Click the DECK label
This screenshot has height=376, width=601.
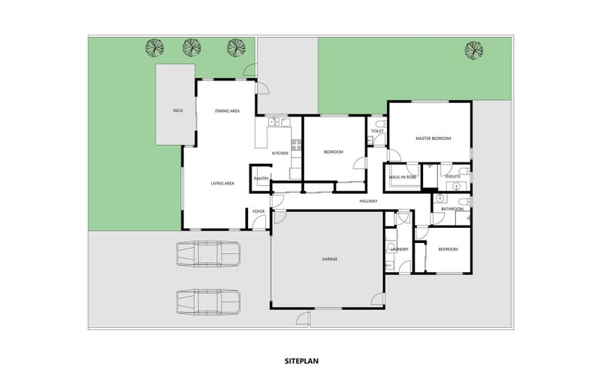pos(178,111)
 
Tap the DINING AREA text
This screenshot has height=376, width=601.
pos(227,111)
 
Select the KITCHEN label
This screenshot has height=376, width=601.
pos(280,153)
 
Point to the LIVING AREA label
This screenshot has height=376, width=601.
pos(222,183)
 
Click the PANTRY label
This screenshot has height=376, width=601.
pos(261,178)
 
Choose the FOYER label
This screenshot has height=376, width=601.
pos(258,211)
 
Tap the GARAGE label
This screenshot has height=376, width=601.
pos(329,259)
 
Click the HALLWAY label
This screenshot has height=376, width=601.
pos(368,201)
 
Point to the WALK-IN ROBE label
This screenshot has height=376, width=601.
pos(401,177)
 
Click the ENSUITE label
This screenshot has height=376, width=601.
pos(452,177)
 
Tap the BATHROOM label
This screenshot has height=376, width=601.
pos(452,209)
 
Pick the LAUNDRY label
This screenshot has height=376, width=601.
pos(399,249)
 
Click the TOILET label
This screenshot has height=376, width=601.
pos(377,132)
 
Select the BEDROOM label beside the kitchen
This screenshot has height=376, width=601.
pos(333,153)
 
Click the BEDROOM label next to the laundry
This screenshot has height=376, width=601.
pos(448,249)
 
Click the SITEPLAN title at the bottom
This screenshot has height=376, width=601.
pos(300,361)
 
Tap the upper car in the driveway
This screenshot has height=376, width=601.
pos(208,254)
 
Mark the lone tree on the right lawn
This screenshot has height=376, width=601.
pos(473,50)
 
